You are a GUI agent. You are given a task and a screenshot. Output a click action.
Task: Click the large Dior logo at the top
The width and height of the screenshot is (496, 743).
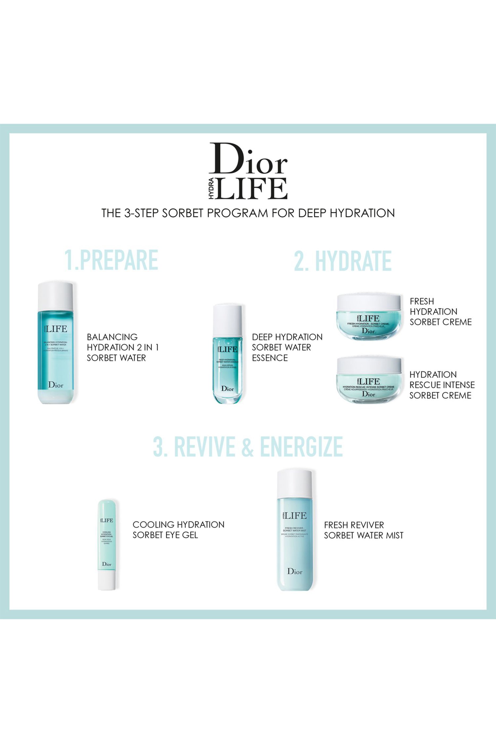click(x=248, y=159)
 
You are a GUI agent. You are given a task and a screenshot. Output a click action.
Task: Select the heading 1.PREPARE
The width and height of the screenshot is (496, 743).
click(x=111, y=260)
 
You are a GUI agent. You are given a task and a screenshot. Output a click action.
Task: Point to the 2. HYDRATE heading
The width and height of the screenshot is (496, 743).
click(x=343, y=261)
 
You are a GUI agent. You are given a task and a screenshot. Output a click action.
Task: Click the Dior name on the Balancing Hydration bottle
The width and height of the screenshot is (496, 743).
click(x=56, y=385)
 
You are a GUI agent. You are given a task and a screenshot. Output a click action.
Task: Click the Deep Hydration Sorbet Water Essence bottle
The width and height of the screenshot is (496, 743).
click(x=228, y=354)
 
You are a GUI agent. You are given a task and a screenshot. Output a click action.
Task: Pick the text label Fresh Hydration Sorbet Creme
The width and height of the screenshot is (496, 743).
click(x=440, y=312)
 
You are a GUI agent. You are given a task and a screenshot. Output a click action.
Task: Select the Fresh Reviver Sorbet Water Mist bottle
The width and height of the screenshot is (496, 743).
click(x=295, y=531)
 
